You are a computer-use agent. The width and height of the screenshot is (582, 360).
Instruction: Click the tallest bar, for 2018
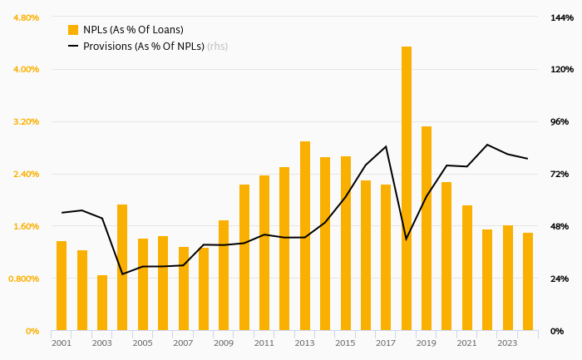407,189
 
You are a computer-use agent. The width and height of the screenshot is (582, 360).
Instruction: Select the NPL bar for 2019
427,229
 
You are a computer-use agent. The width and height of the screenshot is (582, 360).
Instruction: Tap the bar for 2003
102,303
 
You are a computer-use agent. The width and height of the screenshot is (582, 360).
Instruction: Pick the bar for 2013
305,236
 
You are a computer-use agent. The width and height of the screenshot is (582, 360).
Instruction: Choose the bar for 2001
62,286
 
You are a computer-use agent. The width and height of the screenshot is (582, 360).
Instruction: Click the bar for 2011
264,253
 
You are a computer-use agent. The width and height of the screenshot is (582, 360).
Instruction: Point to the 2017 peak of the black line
386,146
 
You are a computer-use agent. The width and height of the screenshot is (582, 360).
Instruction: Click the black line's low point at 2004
122,274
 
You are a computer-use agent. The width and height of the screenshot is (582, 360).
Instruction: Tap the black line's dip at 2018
406,239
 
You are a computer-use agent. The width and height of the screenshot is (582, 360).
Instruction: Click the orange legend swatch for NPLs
73,30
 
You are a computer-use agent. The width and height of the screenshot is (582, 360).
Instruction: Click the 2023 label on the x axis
507,343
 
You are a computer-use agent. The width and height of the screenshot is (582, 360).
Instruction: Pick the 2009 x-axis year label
224,343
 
